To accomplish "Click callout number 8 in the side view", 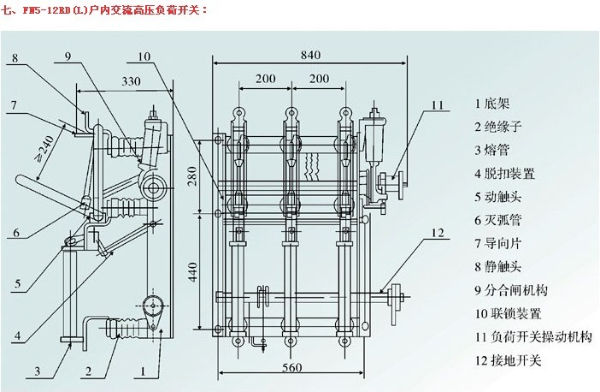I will point(15,59).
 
